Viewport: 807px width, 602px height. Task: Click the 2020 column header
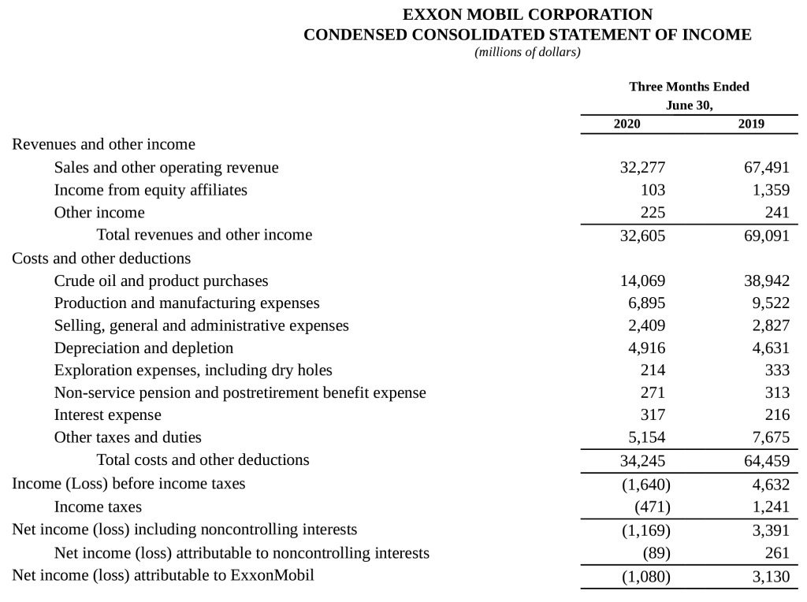coord(627,124)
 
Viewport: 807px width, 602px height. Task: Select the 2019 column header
coord(751,124)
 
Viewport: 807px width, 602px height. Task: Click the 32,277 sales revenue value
coord(643,168)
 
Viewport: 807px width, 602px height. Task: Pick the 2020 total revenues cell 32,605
coord(643,235)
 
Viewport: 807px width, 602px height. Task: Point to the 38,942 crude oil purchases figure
coord(766,281)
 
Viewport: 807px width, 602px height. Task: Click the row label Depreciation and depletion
coord(143,347)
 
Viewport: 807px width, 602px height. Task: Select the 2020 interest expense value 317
coord(653,414)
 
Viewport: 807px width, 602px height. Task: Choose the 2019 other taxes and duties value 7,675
coord(770,437)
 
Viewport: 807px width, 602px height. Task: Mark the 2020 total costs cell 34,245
coord(643,459)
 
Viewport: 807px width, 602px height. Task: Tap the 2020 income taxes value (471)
coord(653,507)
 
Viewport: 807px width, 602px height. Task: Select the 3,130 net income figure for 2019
coord(770,576)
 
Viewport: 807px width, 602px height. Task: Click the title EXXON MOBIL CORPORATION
coord(527,15)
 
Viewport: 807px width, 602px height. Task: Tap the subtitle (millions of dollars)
coord(527,53)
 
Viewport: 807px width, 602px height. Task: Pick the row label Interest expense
coord(107,414)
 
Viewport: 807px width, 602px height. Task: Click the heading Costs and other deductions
coord(101,258)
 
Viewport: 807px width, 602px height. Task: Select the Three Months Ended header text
coord(689,87)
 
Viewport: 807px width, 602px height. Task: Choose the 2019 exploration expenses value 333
coord(777,370)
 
